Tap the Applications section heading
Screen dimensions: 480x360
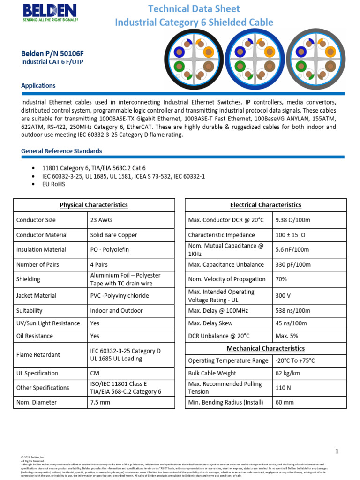tap(38, 86)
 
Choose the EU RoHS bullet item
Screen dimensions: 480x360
tap(54, 184)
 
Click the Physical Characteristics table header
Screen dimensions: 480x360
tap(94, 205)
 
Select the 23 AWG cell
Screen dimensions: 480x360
tap(101, 220)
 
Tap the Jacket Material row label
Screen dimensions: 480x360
tap(36, 295)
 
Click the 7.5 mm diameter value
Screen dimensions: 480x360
tap(100, 402)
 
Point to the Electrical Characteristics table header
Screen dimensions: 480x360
tap(265, 205)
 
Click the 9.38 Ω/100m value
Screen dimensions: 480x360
tap(293, 220)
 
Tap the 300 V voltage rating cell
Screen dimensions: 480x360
tap(284, 296)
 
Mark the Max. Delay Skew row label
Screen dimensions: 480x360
tap(210, 323)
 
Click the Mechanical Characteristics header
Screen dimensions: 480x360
tap(265, 348)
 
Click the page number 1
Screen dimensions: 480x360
tap(337, 451)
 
